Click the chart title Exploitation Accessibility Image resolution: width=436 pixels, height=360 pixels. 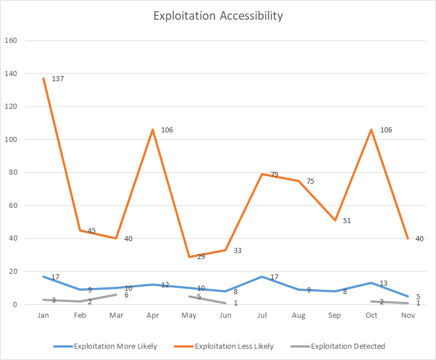218,16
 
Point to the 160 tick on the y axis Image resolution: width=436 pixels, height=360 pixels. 11,41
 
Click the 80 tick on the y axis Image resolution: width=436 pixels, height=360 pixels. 14,172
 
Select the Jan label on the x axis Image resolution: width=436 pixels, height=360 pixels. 43,315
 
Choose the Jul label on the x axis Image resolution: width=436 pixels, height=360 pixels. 262,315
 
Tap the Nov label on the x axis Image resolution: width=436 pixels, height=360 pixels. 408,315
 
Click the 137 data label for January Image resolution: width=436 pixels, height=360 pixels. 57,79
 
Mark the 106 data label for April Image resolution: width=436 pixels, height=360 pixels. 167,130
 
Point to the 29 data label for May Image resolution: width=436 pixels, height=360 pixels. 201,257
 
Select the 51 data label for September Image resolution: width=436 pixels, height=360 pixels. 347,221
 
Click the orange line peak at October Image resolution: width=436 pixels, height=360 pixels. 371,130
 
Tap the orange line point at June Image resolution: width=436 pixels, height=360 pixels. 225,250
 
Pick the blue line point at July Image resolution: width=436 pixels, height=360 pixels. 262,277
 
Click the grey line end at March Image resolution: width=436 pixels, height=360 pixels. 116,295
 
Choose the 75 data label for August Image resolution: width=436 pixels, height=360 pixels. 310,181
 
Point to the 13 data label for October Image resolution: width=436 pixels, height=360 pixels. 384,283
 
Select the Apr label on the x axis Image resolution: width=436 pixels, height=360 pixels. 153,315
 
